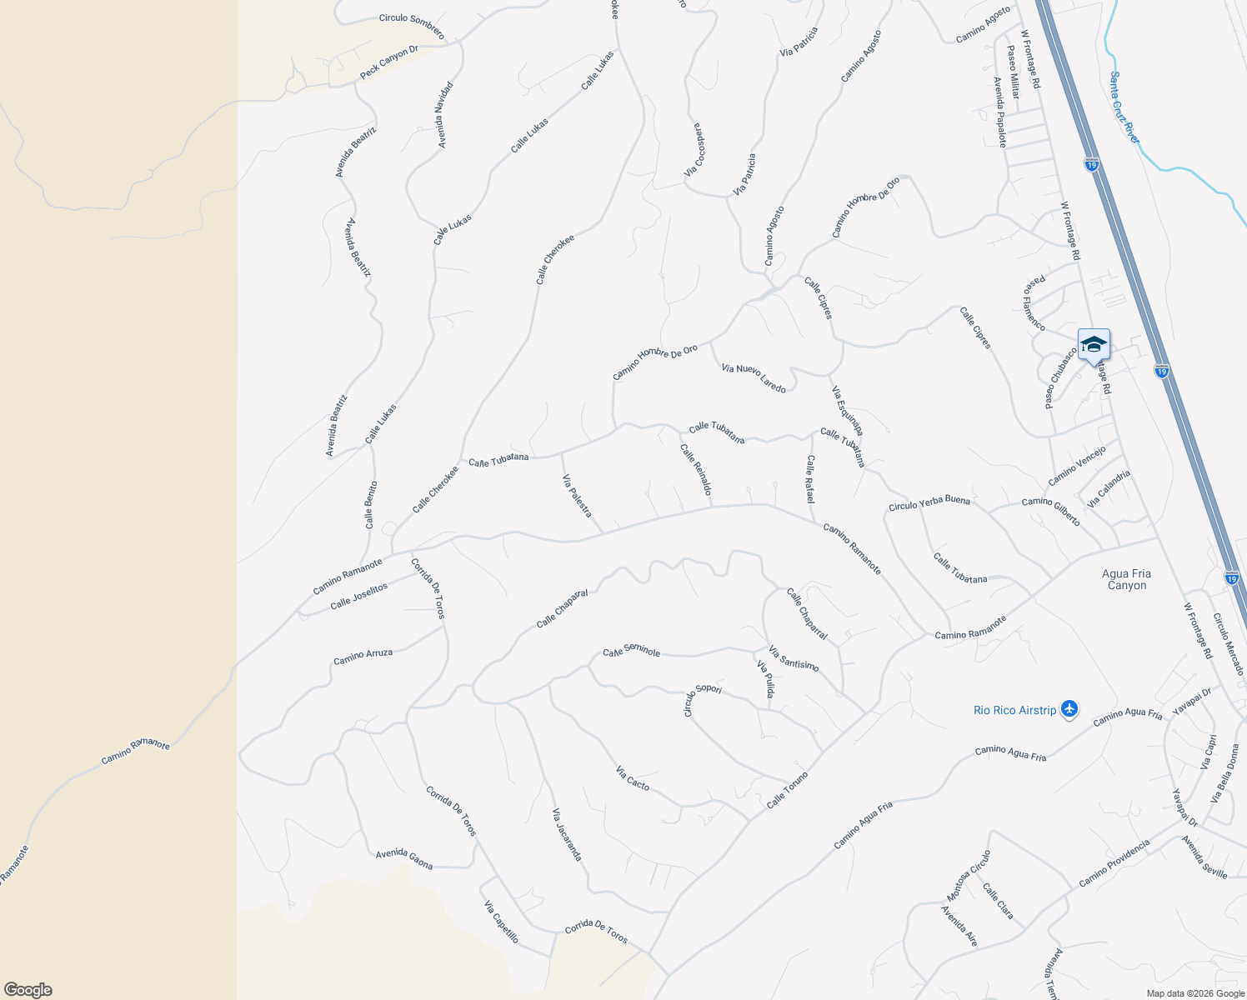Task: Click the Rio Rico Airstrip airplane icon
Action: pyautogui.click(x=1070, y=709)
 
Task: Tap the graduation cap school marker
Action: pyautogui.click(x=1093, y=345)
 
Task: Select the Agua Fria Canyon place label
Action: pyautogui.click(x=1127, y=579)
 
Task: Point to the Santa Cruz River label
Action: pyautogui.click(x=1124, y=107)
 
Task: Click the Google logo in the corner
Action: pyautogui.click(x=28, y=990)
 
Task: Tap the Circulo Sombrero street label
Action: pyautogui.click(x=412, y=26)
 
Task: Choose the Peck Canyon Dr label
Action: pyautogui.click(x=388, y=62)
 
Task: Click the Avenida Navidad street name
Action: pyautogui.click(x=444, y=115)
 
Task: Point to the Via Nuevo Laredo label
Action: pyautogui.click(x=754, y=378)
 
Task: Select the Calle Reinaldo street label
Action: pyautogui.click(x=696, y=469)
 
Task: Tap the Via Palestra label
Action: pyautogui.click(x=577, y=495)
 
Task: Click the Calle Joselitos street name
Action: pyautogui.click(x=359, y=596)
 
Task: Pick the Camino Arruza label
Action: pyautogui.click(x=363, y=657)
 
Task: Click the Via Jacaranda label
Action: pyautogui.click(x=567, y=834)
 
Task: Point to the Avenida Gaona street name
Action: pyautogui.click(x=404, y=858)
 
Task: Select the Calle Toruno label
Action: pyautogui.click(x=787, y=790)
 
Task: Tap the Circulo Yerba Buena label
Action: pyautogui.click(x=929, y=502)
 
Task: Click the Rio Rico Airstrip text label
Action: pyautogui.click(x=1014, y=710)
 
